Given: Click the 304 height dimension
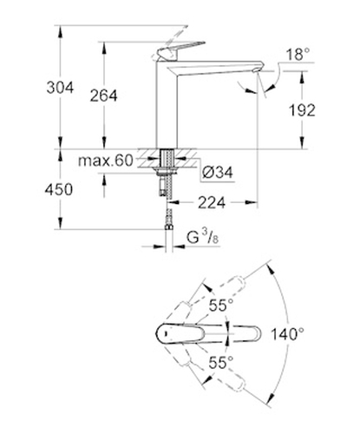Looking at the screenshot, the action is tap(60, 88).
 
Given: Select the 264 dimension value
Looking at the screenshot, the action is tap(103, 95).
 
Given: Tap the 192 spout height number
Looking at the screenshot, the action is tap(302, 110).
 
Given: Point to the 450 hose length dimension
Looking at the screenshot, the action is tap(59, 190).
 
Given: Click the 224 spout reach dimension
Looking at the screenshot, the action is tap(212, 202).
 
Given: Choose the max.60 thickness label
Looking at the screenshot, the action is tap(106, 161).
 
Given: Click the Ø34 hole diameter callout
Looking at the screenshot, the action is tap(218, 173).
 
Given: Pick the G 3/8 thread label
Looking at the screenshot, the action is tap(202, 238).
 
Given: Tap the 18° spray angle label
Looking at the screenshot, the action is tap(298, 54).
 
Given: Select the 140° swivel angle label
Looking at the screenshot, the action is tap(287, 334).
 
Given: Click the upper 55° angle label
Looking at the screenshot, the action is tap(221, 305).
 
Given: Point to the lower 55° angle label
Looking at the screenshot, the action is tap(221, 363).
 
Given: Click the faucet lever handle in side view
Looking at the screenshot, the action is tap(180, 50).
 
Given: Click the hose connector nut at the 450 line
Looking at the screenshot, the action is tap(168, 227).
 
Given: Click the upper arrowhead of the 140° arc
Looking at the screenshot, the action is tap(270, 268).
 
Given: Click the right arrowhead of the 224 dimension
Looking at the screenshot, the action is tap(251, 202).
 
